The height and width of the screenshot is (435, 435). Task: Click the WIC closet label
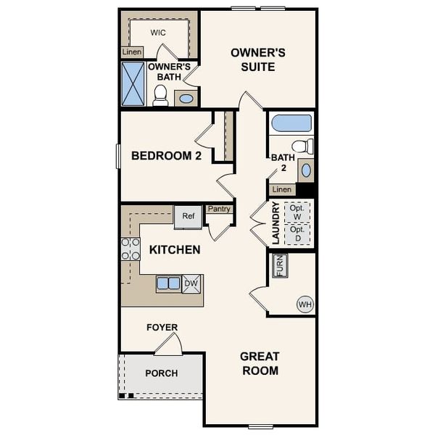coord(158,33)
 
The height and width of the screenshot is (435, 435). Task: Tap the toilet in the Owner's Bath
coord(160,96)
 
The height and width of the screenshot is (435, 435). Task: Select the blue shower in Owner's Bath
coord(133,84)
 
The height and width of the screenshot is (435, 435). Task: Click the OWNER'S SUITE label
coord(257,59)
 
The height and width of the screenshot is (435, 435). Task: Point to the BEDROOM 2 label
coord(166,155)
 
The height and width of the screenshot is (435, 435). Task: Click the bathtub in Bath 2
coord(291,123)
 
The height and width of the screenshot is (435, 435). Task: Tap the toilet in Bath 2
coord(304,146)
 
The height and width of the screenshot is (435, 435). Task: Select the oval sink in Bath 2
coord(306,170)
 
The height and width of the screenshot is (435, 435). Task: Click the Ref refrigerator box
coord(188,216)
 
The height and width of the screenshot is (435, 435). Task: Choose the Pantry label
coord(219,210)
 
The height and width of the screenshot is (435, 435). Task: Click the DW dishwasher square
coord(191,283)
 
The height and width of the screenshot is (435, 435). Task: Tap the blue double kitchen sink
coord(168,283)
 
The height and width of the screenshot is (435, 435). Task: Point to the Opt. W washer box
coord(297,212)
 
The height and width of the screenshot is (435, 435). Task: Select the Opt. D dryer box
coord(297,233)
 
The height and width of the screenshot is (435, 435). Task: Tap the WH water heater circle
coord(304,304)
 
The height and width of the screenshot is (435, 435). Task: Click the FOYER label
coord(162,328)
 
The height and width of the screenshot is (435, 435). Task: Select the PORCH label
coord(161,373)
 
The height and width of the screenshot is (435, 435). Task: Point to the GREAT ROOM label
coord(260,363)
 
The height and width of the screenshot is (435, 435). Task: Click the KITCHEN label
coord(175,250)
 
